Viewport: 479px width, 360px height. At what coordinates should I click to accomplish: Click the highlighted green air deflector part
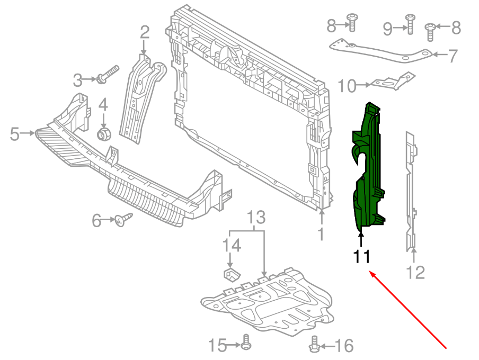coord(368,175)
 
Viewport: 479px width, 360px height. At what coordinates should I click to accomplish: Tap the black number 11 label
coord(362,257)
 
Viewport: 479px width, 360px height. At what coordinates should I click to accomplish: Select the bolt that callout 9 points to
coord(410,23)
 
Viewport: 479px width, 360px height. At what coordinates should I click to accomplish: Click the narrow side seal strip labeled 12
coord(411,191)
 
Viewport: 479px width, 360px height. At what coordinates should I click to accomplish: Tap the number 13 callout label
coord(256,218)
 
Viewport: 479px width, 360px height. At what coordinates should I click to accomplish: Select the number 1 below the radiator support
coord(321,233)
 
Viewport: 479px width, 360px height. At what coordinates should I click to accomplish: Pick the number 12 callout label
coord(415,272)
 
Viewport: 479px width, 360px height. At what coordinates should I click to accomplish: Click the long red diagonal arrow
coord(408,310)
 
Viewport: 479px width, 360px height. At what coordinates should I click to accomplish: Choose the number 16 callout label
coord(344,346)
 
